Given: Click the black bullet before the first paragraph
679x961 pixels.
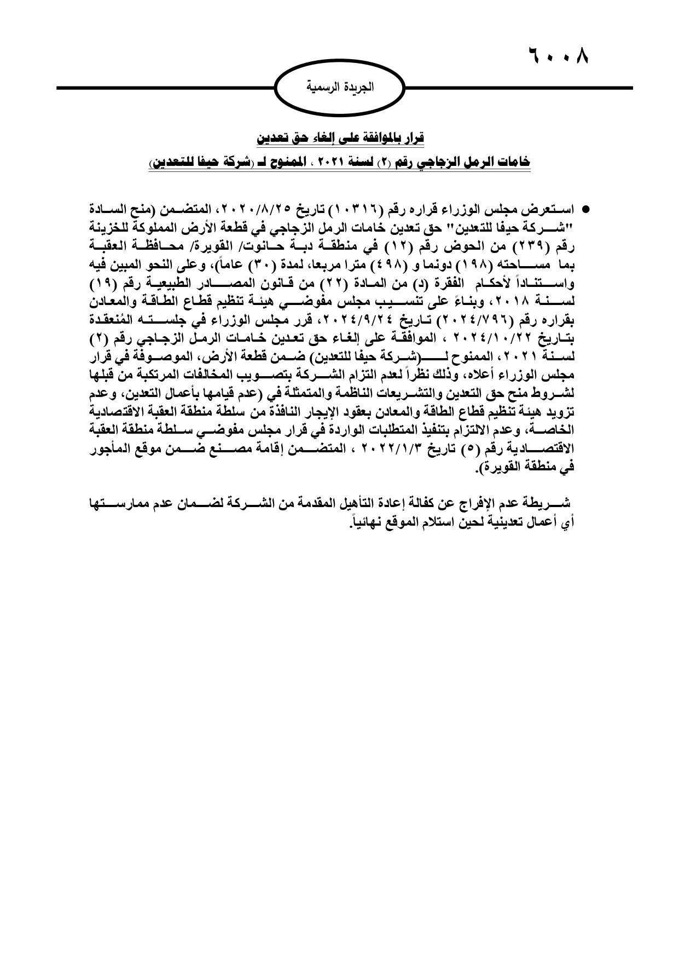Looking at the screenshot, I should [585, 210].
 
